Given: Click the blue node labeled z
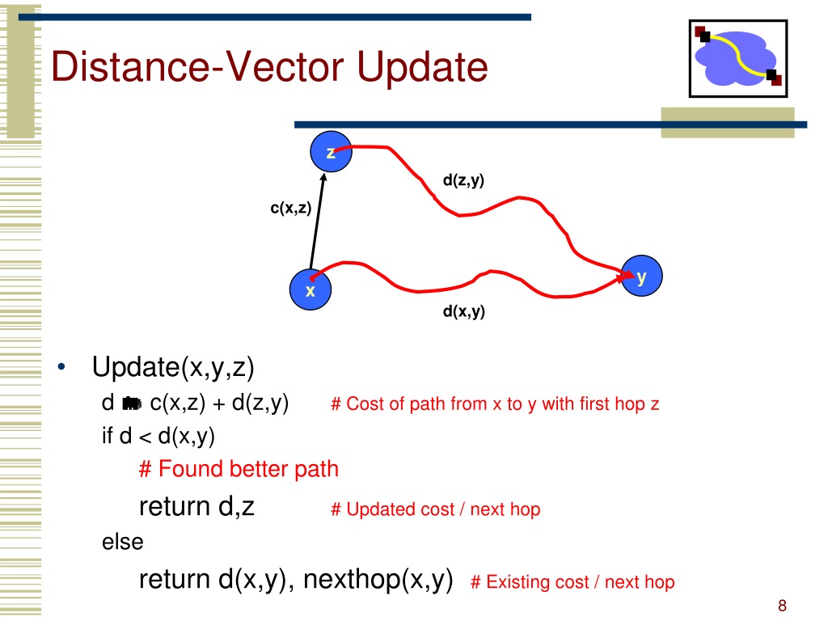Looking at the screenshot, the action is pyautogui.click(x=331, y=151).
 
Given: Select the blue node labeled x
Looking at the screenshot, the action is pyautogui.click(x=310, y=289).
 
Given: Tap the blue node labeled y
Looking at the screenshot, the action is pyautogui.click(x=641, y=276).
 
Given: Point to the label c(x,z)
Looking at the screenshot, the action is pyautogui.click(x=291, y=208).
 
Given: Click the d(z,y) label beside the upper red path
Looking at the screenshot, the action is pyautogui.click(x=463, y=180).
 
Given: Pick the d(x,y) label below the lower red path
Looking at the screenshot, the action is pyautogui.click(x=463, y=311).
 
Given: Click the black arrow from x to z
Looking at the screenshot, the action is pyautogui.click(x=317, y=222).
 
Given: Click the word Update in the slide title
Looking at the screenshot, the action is pyautogui.click(x=422, y=68).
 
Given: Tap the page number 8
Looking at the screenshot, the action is pyautogui.click(x=782, y=606).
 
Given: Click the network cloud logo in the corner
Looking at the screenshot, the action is pyautogui.click(x=738, y=58).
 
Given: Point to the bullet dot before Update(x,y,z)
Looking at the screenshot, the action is pyautogui.click(x=61, y=366).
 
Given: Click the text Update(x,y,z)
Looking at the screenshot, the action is pyautogui.click(x=173, y=368).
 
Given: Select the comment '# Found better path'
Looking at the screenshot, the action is pyautogui.click(x=239, y=469).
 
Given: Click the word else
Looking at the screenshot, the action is pyautogui.click(x=123, y=542).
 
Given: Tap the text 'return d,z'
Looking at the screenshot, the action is pyautogui.click(x=197, y=506).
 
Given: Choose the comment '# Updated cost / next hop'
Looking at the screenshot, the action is pyautogui.click(x=436, y=509).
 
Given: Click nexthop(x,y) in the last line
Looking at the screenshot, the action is pyautogui.click(x=378, y=579).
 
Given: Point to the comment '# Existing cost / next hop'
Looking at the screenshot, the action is pyautogui.click(x=573, y=582).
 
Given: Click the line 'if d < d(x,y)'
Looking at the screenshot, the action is pyautogui.click(x=158, y=437).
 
